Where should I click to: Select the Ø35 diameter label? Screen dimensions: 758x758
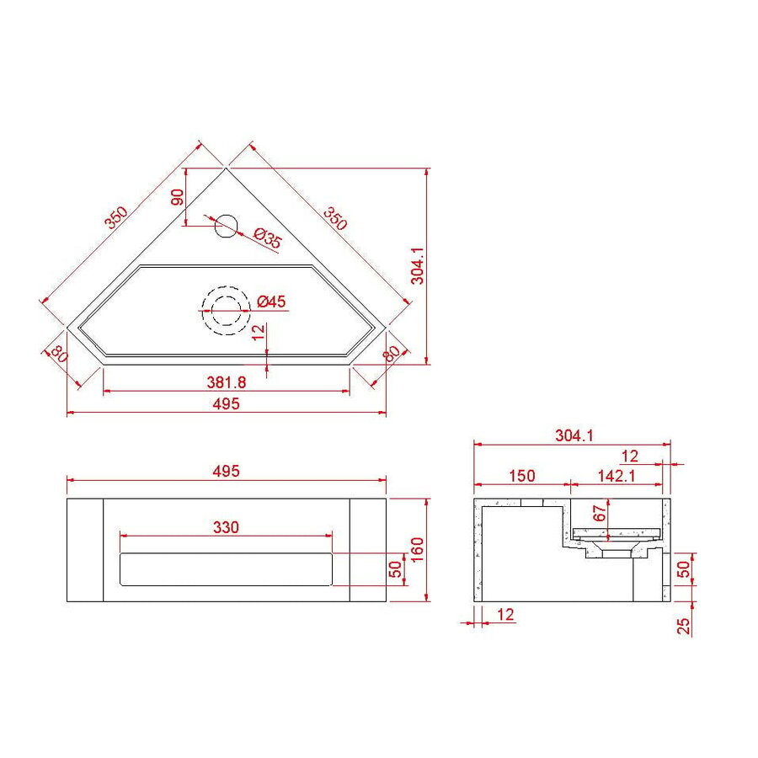tap(267, 238)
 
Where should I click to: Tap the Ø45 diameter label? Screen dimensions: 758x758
tap(272, 301)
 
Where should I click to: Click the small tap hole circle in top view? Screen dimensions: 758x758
tap(226, 225)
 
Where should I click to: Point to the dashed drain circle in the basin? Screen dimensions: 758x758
tap(225, 310)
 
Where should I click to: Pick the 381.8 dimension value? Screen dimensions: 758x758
tap(226, 382)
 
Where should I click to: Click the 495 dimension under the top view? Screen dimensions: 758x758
tap(227, 403)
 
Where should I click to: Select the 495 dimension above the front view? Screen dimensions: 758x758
tap(227, 471)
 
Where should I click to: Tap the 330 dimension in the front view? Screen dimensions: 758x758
tap(226, 527)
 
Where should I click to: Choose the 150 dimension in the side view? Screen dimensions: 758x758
tap(521, 476)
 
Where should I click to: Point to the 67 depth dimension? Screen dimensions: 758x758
tap(600, 514)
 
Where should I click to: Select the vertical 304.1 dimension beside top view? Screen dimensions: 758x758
tap(419, 265)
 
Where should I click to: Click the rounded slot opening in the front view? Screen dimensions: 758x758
tap(227, 569)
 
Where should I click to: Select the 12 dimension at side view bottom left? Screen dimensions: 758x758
tap(505, 616)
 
